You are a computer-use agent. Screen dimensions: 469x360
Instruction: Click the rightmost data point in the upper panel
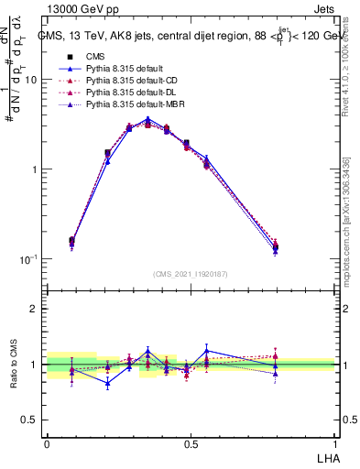(x=301, y=245)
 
